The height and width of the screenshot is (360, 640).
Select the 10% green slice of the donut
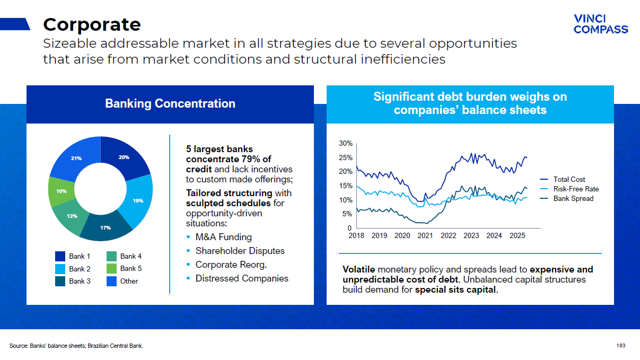[61, 191]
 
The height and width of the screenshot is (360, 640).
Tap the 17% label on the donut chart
[106, 227]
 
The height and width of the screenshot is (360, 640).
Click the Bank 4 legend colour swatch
[111, 256]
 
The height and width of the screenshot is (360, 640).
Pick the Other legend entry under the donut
[122, 281]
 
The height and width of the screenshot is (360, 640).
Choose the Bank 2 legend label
[80, 269]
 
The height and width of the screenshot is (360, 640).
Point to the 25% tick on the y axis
[346, 157]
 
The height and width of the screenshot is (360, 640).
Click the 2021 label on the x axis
[425, 236]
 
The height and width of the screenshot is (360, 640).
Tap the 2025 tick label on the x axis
[518, 236]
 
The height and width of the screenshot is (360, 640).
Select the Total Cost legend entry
[562, 179]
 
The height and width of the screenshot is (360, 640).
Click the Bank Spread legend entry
[567, 199]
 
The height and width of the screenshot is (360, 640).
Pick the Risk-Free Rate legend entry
[569, 189]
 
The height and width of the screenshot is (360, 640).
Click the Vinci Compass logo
[601, 24]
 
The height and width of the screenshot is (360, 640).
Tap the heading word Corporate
[92, 24]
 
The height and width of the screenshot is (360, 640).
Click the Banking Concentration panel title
[170, 103]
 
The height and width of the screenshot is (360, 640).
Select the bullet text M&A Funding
[224, 237]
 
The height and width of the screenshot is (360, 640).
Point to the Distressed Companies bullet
[242, 278]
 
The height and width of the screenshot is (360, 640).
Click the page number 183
[621, 346]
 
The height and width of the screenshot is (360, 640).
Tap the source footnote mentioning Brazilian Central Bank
[76, 346]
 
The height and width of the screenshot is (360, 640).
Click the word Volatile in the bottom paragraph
[359, 269]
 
